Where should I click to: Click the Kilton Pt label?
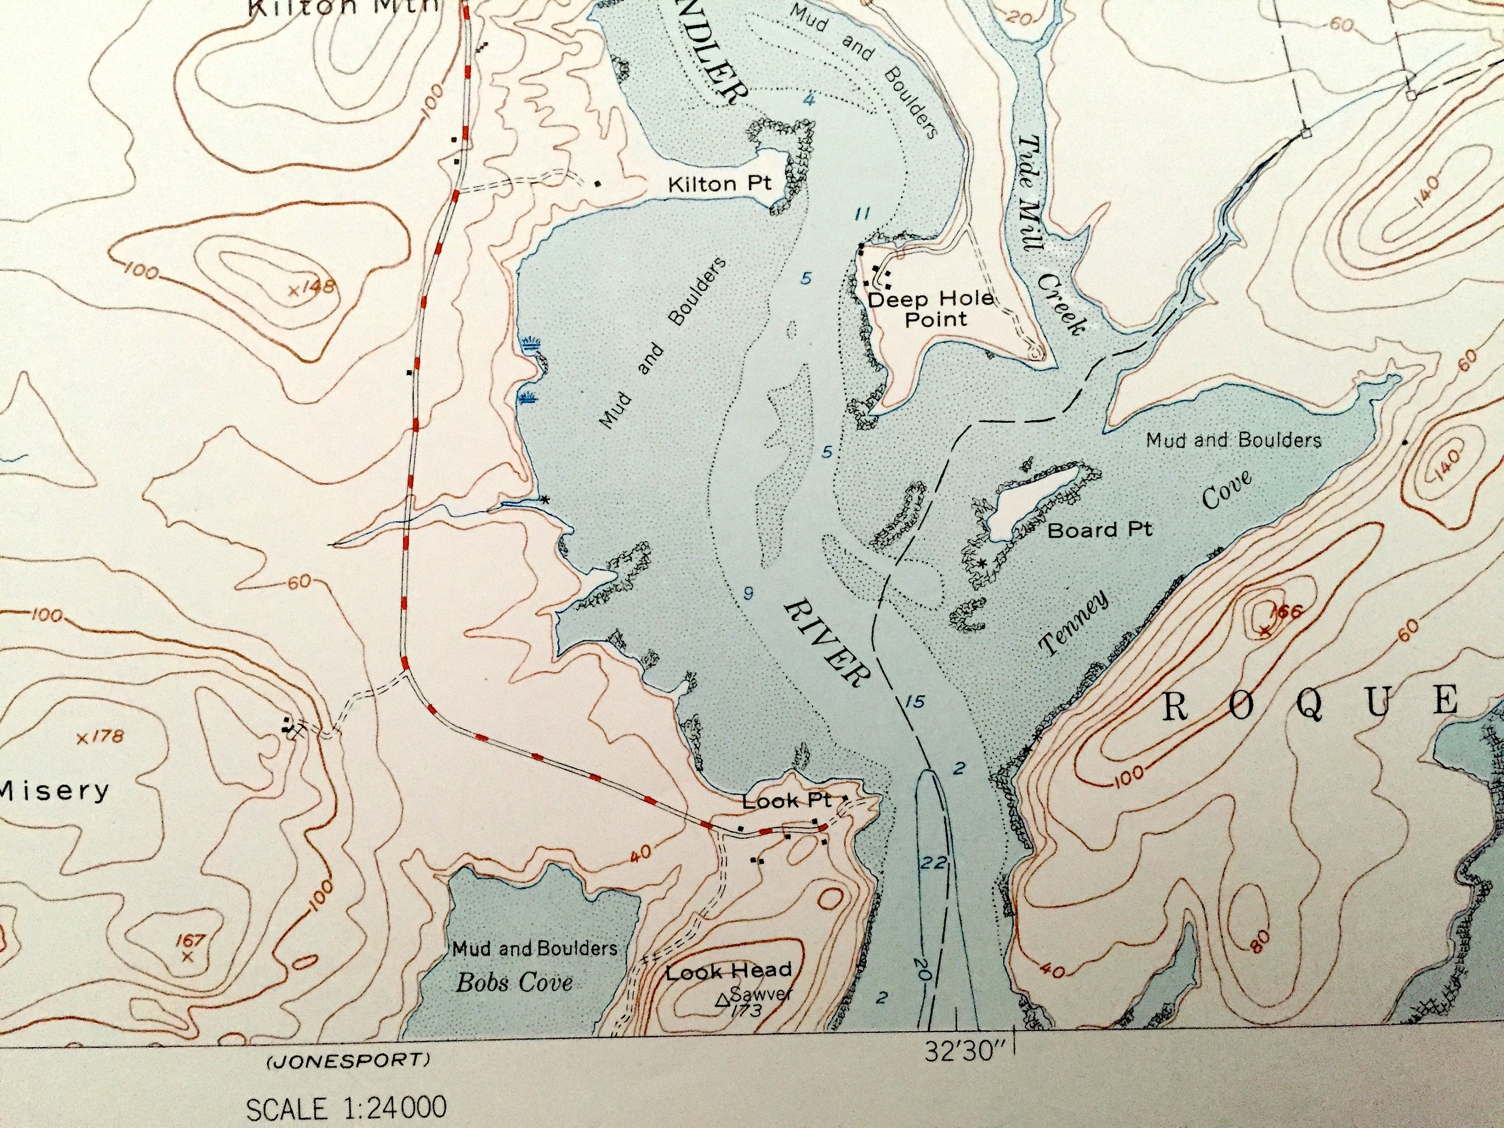[x=719, y=183]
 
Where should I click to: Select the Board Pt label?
[x=1099, y=530]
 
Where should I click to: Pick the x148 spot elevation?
[x=311, y=288]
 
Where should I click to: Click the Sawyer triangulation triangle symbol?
[x=723, y=1000]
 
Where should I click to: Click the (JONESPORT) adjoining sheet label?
[x=347, y=1060]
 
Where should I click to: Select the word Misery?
[x=54, y=791]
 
